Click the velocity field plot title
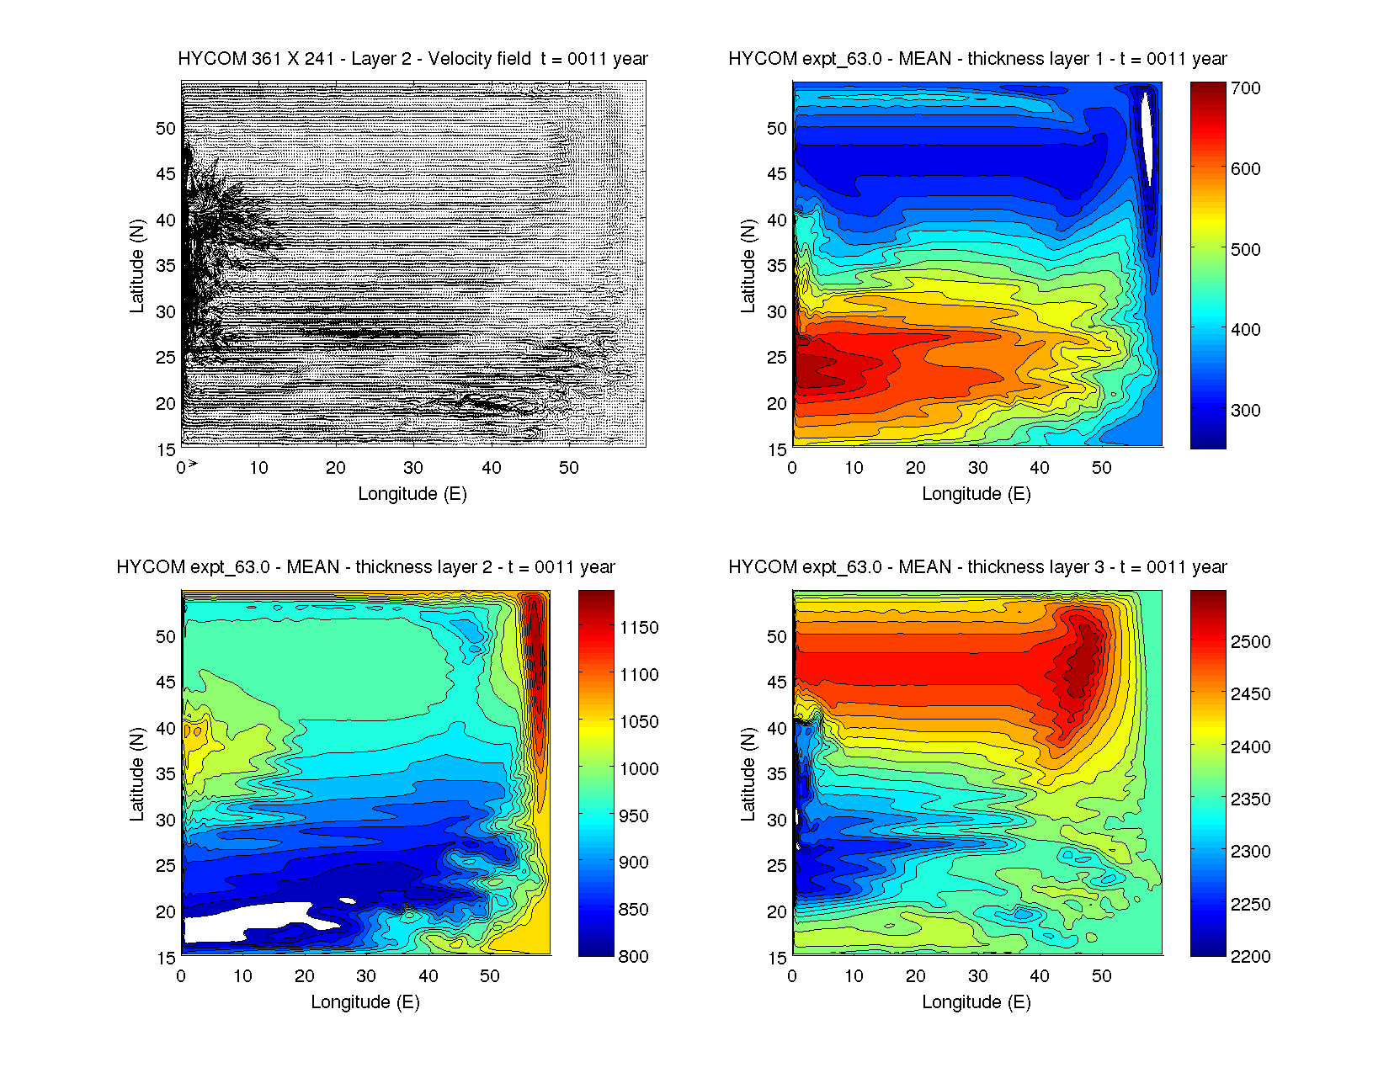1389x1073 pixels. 412,59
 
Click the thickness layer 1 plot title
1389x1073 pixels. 977,59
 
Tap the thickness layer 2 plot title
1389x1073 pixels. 365,567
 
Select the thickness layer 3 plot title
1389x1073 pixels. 977,567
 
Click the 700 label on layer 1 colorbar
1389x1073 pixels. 1245,88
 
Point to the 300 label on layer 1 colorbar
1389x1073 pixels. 1245,411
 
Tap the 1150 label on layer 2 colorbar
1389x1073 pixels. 639,628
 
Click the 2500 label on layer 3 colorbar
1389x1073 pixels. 1250,642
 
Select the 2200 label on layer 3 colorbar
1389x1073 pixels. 1250,956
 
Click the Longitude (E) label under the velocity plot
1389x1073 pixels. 412,494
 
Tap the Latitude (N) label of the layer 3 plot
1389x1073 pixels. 748,774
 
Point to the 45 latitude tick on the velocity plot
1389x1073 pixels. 166,174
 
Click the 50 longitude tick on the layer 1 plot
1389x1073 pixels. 1101,468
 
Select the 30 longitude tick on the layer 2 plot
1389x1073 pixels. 366,976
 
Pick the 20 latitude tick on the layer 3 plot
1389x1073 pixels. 776,912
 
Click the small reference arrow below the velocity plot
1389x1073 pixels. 192,464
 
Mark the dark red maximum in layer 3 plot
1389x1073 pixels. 1082,665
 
